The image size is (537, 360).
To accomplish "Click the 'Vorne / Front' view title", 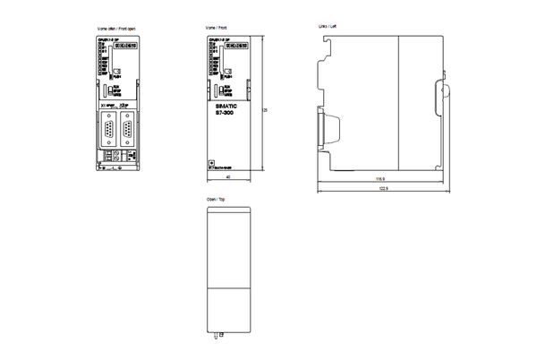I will pos(215,30).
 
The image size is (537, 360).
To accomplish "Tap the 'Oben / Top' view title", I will pos(215,199).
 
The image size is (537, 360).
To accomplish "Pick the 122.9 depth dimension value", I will pos(383,189).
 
